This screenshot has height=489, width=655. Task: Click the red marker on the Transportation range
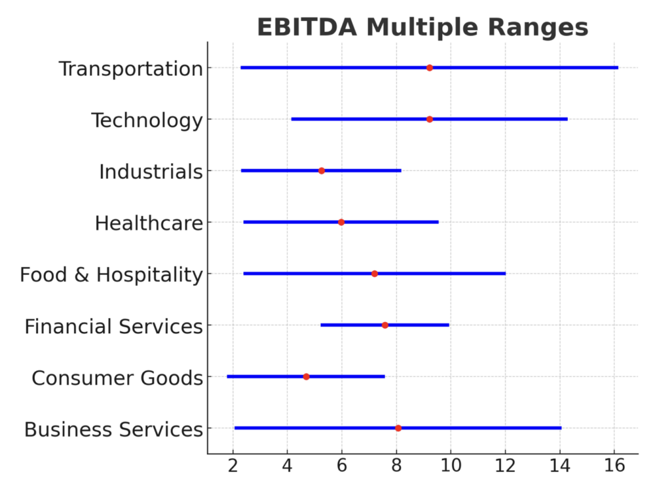pyautogui.click(x=430, y=68)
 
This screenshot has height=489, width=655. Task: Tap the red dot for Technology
pyautogui.click(x=430, y=119)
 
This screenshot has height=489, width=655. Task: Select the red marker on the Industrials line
pyautogui.click(x=322, y=171)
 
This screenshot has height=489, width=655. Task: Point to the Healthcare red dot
pyautogui.click(x=341, y=223)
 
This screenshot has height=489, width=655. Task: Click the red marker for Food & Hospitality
pyautogui.click(x=375, y=274)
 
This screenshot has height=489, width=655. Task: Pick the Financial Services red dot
pyautogui.click(x=385, y=325)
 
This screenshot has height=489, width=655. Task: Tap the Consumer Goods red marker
pyautogui.click(x=307, y=376)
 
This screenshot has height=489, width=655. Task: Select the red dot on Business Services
pyautogui.click(x=398, y=428)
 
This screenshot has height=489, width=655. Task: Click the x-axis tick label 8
pyautogui.click(x=396, y=467)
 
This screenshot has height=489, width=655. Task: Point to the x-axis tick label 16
pyautogui.click(x=614, y=467)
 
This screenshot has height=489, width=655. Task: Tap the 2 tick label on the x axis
pyautogui.click(x=233, y=467)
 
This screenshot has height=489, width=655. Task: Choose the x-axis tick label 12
pyautogui.click(x=505, y=467)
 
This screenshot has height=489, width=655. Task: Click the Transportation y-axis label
pyautogui.click(x=130, y=69)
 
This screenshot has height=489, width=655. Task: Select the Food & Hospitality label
pyautogui.click(x=111, y=275)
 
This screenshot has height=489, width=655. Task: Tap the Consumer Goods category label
pyautogui.click(x=117, y=378)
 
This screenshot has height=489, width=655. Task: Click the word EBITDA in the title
pyautogui.click(x=307, y=28)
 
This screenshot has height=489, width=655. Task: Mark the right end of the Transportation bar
pyautogui.click(x=617, y=68)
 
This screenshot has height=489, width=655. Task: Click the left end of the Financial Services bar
pyautogui.click(x=322, y=325)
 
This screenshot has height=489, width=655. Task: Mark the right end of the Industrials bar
pyautogui.click(x=400, y=171)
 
